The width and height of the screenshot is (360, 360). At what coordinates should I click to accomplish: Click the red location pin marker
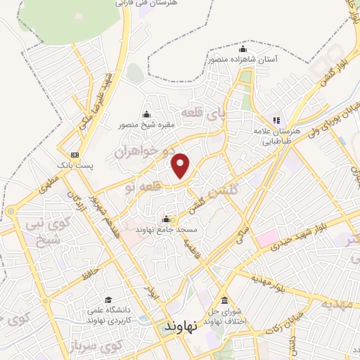tap(182, 165)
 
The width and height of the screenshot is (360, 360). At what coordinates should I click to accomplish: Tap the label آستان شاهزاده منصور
tap(243, 60)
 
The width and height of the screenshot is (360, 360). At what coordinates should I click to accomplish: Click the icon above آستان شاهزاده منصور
tap(243, 49)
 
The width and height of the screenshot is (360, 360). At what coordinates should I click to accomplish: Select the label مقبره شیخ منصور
tap(146, 126)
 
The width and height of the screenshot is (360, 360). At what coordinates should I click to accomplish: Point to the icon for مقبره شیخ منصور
tap(146, 115)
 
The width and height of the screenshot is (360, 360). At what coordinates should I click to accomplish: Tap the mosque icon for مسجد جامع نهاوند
tap(166, 218)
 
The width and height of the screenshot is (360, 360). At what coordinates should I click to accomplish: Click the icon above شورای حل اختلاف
tap(224, 300)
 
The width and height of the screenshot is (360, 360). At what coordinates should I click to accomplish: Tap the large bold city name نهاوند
tap(180, 328)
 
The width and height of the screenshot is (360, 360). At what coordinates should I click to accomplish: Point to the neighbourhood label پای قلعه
tap(203, 112)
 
